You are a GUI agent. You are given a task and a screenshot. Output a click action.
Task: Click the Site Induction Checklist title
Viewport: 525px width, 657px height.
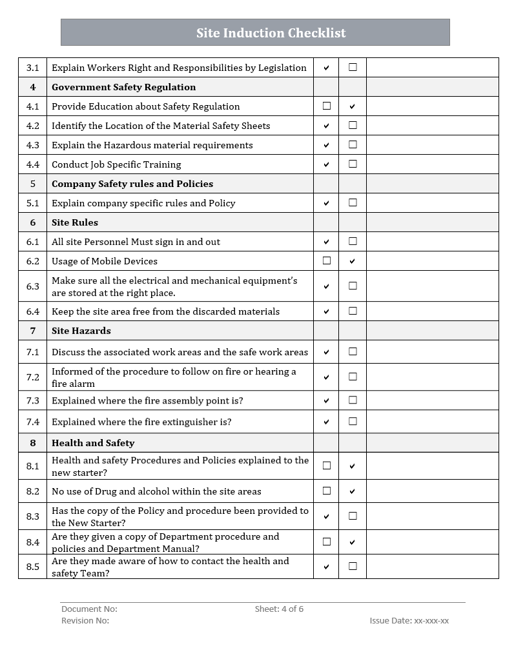(271, 33)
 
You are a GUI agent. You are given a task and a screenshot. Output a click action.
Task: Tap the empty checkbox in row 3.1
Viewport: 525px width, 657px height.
(353, 67)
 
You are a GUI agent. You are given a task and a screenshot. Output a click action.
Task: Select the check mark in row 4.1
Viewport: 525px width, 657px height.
(353, 106)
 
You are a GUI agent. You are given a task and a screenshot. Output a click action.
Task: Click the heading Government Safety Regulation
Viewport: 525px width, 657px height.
(123, 87)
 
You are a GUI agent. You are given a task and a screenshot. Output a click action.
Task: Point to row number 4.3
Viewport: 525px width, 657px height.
(33, 145)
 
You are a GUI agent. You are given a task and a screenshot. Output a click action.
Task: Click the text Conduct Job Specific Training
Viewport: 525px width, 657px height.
(116, 164)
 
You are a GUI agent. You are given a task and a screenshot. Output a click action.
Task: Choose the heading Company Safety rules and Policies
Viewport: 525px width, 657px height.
(132, 184)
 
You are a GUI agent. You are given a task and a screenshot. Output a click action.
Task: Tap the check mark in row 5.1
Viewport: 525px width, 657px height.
(326, 203)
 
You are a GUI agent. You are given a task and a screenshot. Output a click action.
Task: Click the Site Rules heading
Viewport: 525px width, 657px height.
(75, 222)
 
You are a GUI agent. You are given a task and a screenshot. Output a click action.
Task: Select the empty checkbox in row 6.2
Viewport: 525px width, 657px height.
(327, 260)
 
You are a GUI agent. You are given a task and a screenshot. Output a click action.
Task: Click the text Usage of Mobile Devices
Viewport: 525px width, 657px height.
(105, 261)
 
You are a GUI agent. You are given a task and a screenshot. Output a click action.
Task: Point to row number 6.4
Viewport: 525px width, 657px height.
(33, 311)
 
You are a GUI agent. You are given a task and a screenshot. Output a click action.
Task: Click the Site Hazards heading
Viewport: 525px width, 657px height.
(81, 331)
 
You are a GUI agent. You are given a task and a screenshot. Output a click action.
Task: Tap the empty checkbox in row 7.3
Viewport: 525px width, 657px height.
(353, 400)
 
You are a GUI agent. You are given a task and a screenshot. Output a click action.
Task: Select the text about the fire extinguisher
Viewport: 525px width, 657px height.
(141, 422)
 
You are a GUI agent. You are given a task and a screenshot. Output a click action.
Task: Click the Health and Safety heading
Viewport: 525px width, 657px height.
(93, 443)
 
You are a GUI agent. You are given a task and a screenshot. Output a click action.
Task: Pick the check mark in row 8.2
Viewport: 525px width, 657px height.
(353, 491)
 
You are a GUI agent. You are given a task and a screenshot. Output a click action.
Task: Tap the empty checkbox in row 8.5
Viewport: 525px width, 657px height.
(353, 566)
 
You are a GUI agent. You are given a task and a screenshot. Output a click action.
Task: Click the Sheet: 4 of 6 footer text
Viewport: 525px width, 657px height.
(279, 609)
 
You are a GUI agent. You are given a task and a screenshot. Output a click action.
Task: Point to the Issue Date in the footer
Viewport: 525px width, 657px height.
(409, 620)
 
